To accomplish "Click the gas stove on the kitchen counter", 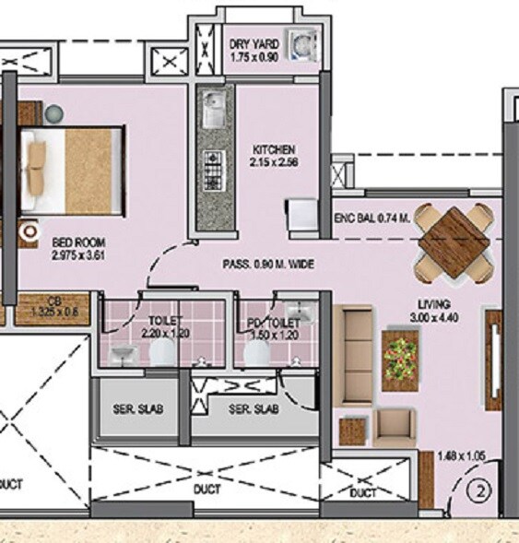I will (x=212, y=168).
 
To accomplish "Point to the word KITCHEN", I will (x=274, y=149).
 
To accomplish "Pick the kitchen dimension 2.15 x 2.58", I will (x=274, y=162).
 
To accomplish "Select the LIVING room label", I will (x=431, y=303).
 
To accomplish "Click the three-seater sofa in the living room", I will (x=355, y=349).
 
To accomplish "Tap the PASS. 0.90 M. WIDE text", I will (x=269, y=265).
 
